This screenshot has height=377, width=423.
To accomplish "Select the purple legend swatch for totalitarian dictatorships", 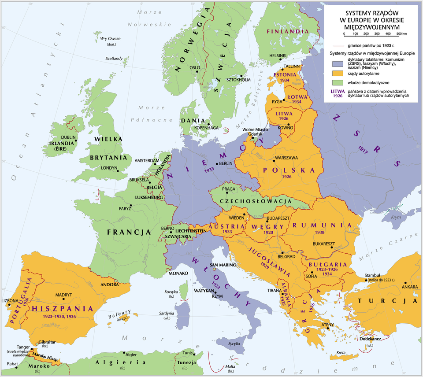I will tap(337, 64).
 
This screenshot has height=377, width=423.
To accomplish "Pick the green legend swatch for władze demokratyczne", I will tap(337, 82).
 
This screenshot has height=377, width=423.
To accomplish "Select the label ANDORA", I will tap(109, 285).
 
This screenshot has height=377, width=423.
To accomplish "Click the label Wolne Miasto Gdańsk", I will tap(256, 132).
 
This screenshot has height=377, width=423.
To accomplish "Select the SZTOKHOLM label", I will tap(238, 80).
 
